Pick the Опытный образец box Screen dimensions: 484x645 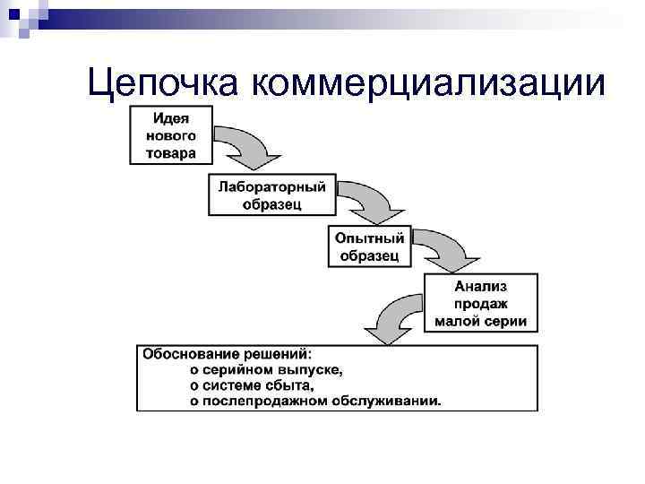click(x=370, y=246)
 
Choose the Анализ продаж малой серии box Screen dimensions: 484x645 click(x=481, y=303)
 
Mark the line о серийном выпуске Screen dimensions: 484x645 click(x=267, y=369)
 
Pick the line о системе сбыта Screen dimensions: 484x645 click(x=252, y=385)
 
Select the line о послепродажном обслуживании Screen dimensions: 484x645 click(x=315, y=402)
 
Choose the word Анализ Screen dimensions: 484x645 click(x=481, y=286)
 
